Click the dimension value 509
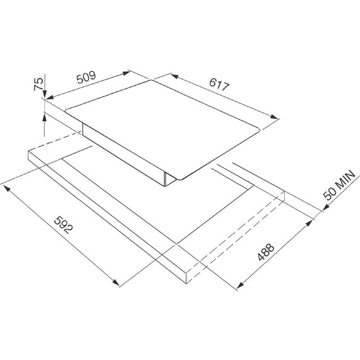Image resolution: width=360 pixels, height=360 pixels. [86, 78]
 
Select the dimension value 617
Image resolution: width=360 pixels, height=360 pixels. [219, 84]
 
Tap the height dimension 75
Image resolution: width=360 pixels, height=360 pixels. [39, 84]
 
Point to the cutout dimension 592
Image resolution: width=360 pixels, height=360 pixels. [63, 225]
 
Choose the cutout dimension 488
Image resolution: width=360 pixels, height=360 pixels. [266, 252]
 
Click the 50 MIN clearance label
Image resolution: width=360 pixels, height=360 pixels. [339, 185]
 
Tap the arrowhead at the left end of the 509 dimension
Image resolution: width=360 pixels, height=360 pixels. [50, 97]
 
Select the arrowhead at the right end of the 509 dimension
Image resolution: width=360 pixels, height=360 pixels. [126, 73]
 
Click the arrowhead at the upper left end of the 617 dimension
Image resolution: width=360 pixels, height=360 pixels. [174, 76]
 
